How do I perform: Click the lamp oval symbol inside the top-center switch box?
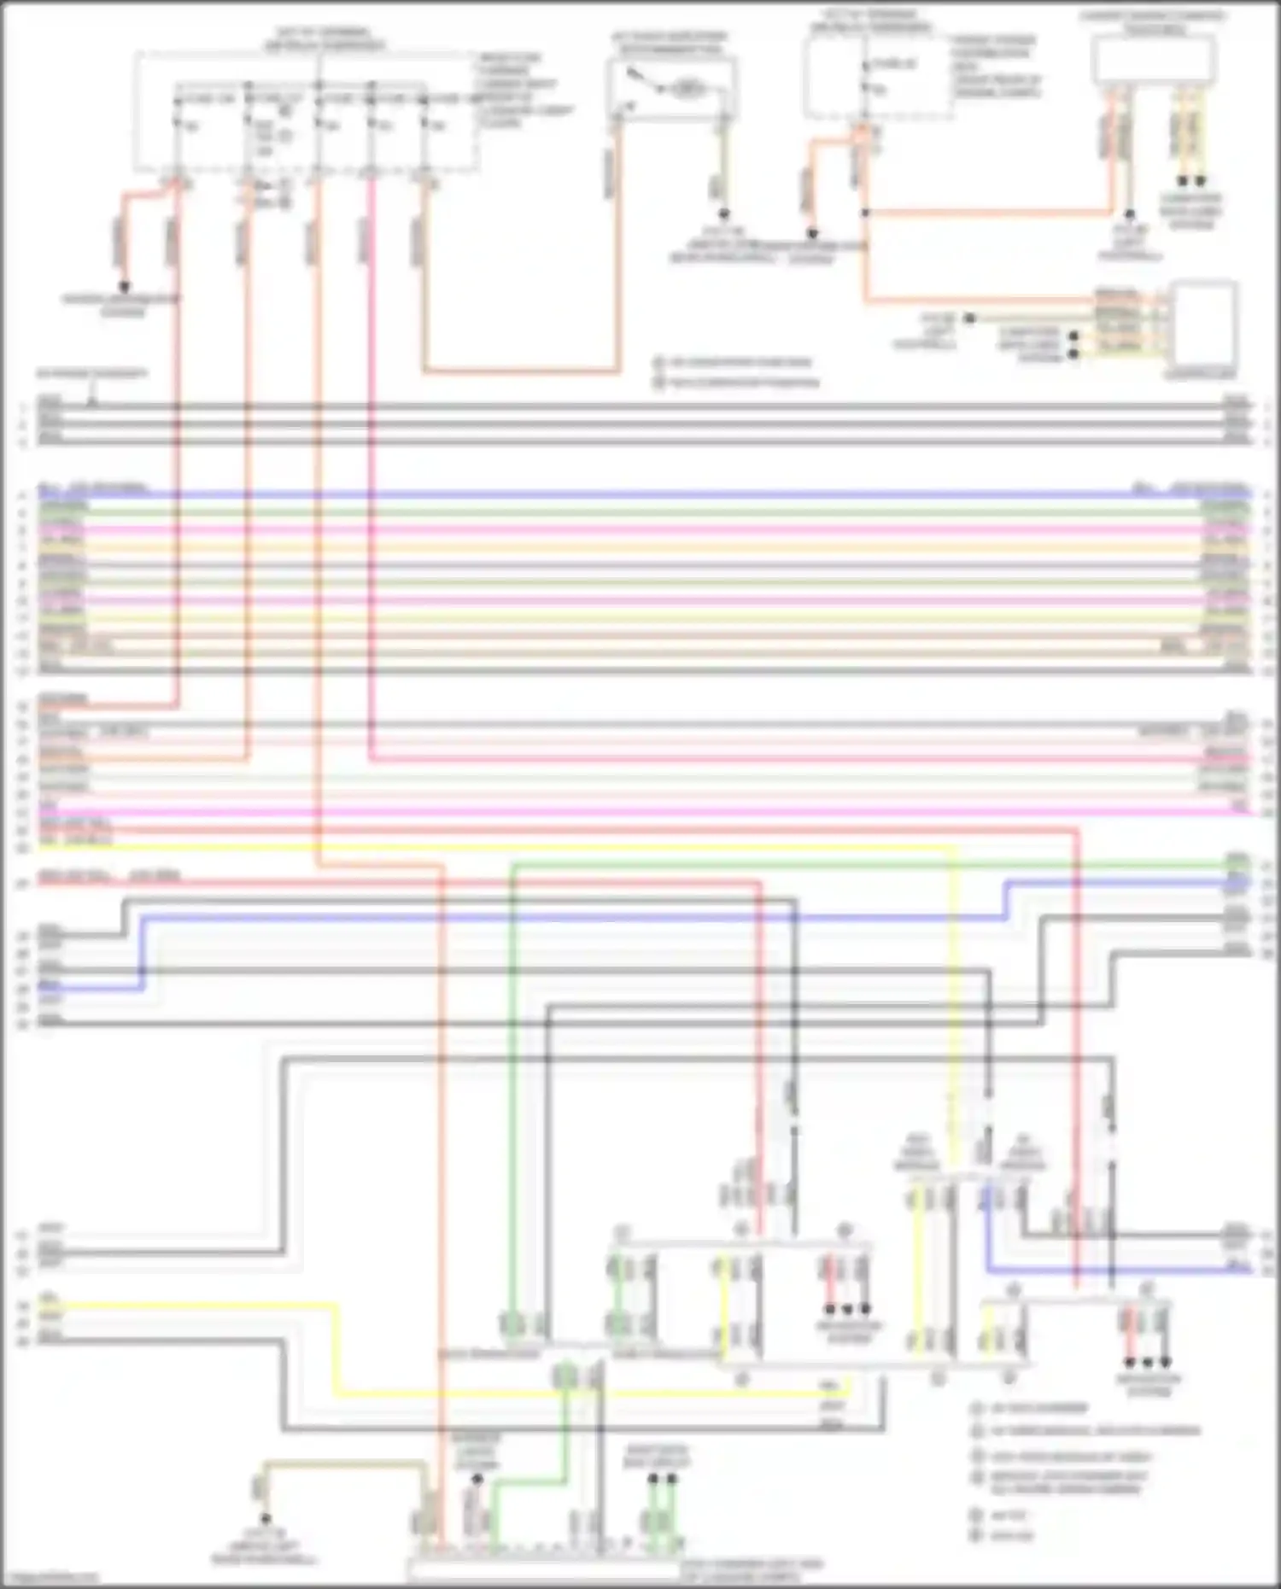coord(686,87)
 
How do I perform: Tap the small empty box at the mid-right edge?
coord(1204,324)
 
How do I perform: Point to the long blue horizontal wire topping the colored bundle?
coord(640,494)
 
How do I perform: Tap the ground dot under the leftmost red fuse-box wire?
coord(124,287)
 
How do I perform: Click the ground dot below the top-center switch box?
coord(723,214)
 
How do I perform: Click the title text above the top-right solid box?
coord(1153,22)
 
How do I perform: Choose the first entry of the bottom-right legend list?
coord(1038,1408)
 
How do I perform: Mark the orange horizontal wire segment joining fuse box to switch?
coord(521,371)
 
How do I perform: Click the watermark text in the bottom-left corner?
coord(51,1578)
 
